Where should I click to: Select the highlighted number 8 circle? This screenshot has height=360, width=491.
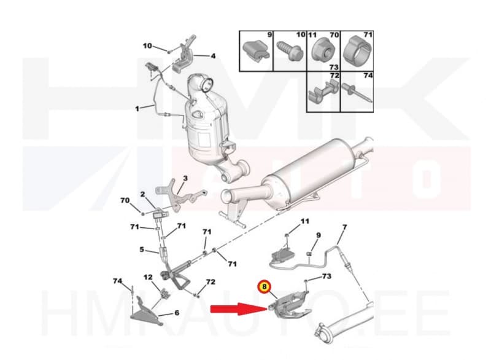pyautogui.click(x=265, y=286)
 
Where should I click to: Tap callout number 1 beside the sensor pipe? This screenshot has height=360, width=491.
pyautogui.click(x=138, y=109)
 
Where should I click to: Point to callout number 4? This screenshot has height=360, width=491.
pyautogui.click(x=213, y=56)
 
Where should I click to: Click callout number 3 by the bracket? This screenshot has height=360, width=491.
pyautogui.click(x=184, y=178)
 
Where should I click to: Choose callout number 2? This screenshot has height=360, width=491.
pyautogui.click(x=142, y=195)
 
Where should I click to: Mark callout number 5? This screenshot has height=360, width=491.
pyautogui.click(x=142, y=250)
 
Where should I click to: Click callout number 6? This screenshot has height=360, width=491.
pyautogui.click(x=176, y=313)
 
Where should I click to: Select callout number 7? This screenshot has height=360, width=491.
pyautogui.click(x=344, y=227)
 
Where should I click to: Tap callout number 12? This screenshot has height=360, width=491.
pyautogui.click(x=148, y=278)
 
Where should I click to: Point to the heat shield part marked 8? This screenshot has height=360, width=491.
pyautogui.click(x=288, y=304)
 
